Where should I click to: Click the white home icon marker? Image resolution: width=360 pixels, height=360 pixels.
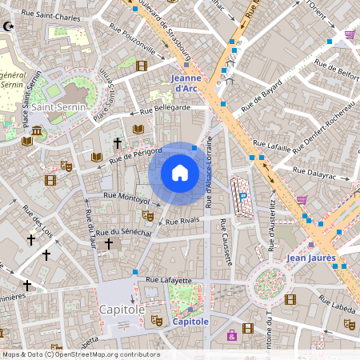coord(180,173)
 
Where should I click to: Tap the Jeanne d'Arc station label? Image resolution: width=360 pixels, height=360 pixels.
coord(191,82)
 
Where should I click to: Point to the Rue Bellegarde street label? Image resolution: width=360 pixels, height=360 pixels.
coord(166,108)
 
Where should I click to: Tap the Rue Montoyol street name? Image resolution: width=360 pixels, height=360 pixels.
coord(126,198)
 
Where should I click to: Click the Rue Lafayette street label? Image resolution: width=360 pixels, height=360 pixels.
coord(169,280)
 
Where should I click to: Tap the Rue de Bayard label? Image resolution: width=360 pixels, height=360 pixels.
coord(263,100)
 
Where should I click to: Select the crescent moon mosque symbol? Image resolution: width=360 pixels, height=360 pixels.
coord(10,26)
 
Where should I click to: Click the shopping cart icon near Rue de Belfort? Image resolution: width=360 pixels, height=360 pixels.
coord(350,35)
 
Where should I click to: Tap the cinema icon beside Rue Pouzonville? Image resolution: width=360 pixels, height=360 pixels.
coord(142,66)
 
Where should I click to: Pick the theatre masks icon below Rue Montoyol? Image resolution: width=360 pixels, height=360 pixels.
coord(147,214)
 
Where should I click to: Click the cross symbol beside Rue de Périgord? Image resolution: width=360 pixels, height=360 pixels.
coord(118,142)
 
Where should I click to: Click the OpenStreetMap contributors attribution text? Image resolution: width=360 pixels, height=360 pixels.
coord(80,354)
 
